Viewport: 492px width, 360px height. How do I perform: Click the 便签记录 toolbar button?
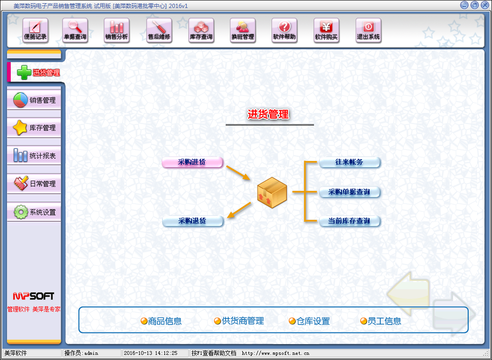[35, 31]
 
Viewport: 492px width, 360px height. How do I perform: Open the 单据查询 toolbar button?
[75, 31]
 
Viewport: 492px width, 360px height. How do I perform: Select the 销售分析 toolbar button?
[116, 31]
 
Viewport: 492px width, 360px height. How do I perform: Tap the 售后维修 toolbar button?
[159, 31]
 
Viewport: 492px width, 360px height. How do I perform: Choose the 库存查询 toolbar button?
[201, 31]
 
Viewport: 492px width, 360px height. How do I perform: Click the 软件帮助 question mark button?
[284, 31]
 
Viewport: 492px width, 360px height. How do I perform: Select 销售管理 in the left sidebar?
[34, 100]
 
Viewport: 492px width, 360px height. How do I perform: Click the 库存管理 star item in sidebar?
[34, 128]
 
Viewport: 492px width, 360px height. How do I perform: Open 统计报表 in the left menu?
[34, 155]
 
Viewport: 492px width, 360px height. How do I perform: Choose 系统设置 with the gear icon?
[34, 212]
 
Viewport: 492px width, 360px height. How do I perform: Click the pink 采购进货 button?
[192, 162]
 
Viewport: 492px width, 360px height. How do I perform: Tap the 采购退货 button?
[192, 221]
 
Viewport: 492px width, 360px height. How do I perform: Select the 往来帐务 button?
[349, 162]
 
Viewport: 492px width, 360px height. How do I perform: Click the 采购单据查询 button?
[349, 192]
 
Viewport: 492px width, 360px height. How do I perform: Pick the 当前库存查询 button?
[349, 221]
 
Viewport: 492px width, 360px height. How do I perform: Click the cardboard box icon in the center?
[272, 192]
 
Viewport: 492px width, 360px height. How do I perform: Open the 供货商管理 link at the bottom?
[239, 321]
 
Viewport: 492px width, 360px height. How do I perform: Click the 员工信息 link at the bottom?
[381, 321]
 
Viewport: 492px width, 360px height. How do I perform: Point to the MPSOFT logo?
[34, 296]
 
